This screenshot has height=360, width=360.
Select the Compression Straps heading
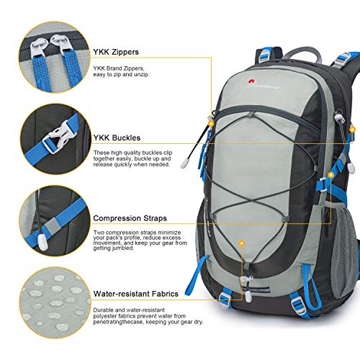coord(130,217)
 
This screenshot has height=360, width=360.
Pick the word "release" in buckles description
coord(105,163)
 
